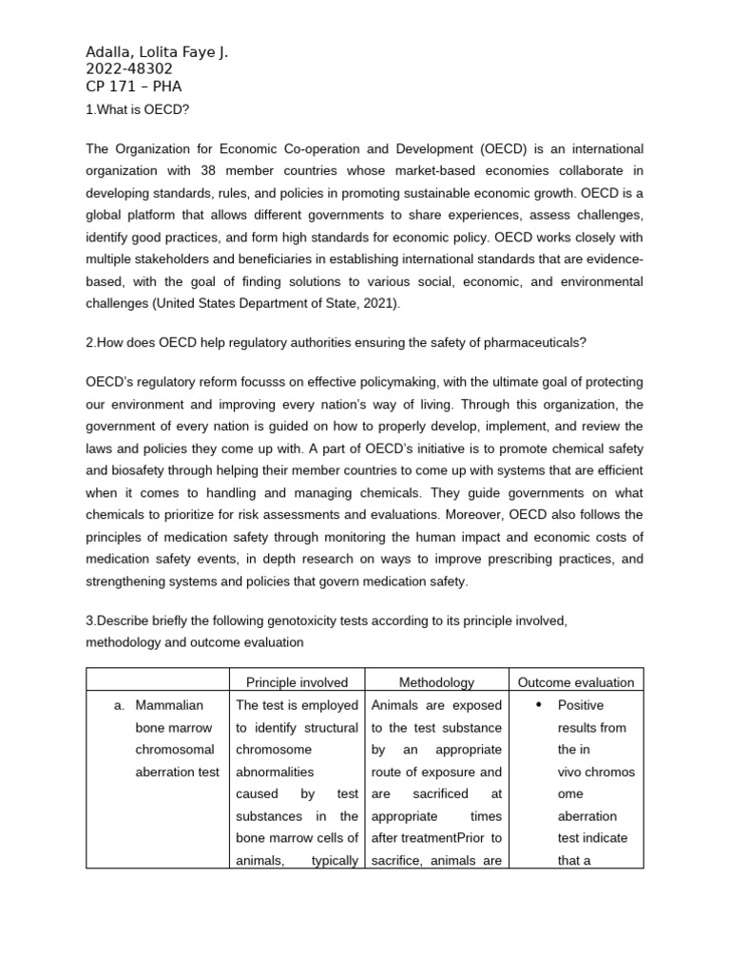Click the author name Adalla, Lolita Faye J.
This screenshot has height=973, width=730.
(x=157, y=52)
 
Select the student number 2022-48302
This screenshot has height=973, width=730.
(x=128, y=69)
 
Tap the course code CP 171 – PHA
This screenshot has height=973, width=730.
(x=133, y=86)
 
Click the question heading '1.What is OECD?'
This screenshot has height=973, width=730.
(x=138, y=109)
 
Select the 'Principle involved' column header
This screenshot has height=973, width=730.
(x=297, y=682)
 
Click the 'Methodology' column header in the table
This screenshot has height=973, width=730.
(x=436, y=682)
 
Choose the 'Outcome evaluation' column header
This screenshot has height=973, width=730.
(x=575, y=682)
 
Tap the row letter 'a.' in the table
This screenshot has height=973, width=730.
(x=119, y=705)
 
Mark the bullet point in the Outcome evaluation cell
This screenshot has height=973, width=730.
(x=538, y=705)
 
